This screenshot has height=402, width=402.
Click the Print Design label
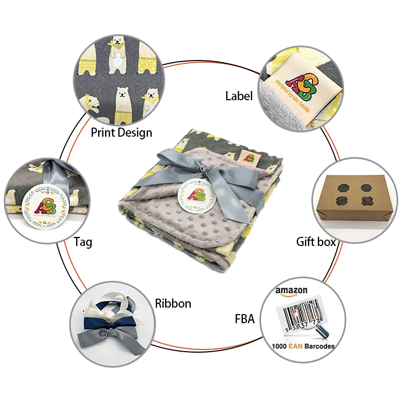(121, 132)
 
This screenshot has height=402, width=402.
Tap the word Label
(239, 96)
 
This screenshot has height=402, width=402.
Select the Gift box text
(316, 242)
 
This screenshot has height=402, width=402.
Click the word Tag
(83, 242)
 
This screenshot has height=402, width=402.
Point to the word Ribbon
(173, 304)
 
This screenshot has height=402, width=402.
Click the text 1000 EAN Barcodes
(303, 346)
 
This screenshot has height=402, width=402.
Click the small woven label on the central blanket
(248, 157)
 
